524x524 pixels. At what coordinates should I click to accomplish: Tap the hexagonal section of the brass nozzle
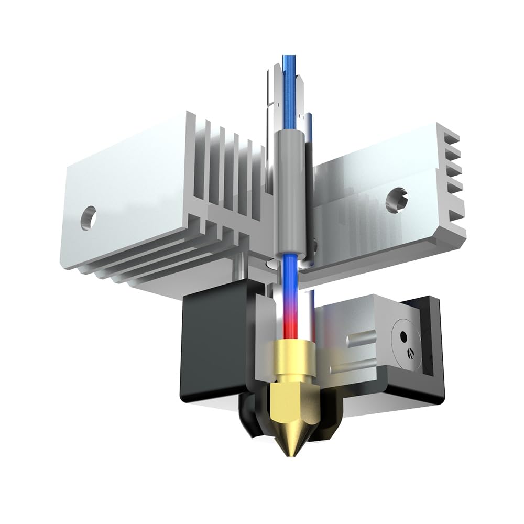click(x=291, y=398)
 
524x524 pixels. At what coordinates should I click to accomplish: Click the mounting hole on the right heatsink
click(x=394, y=200)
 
